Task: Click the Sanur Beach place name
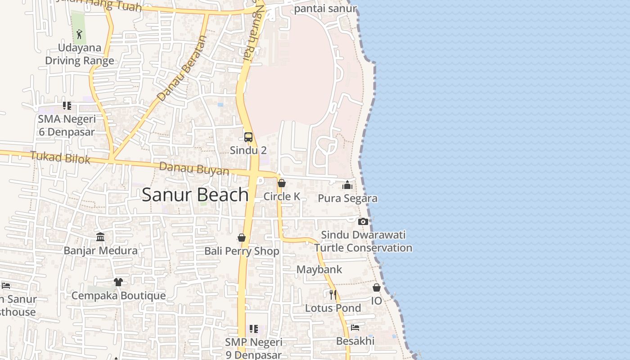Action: point(195,194)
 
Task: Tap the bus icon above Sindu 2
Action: point(248,137)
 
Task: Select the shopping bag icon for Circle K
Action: point(282,183)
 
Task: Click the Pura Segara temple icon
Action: point(347,185)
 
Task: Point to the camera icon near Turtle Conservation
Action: point(363,221)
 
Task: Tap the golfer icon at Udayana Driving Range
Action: point(79,34)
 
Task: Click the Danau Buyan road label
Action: point(194,169)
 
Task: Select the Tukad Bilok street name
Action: point(60,157)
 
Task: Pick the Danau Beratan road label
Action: point(182,68)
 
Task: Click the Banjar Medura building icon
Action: point(100,237)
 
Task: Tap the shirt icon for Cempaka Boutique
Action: point(118,282)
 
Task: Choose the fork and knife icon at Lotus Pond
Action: point(333,295)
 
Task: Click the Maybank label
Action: point(319,270)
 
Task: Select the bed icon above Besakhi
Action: point(355,328)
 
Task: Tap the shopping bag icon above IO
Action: point(377,288)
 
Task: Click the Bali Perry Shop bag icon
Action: point(242,238)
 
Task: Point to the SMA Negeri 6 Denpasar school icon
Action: point(67,106)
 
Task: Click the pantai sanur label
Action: point(325,8)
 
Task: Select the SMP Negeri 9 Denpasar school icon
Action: point(254,329)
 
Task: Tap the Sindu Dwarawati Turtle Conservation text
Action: point(363,241)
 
